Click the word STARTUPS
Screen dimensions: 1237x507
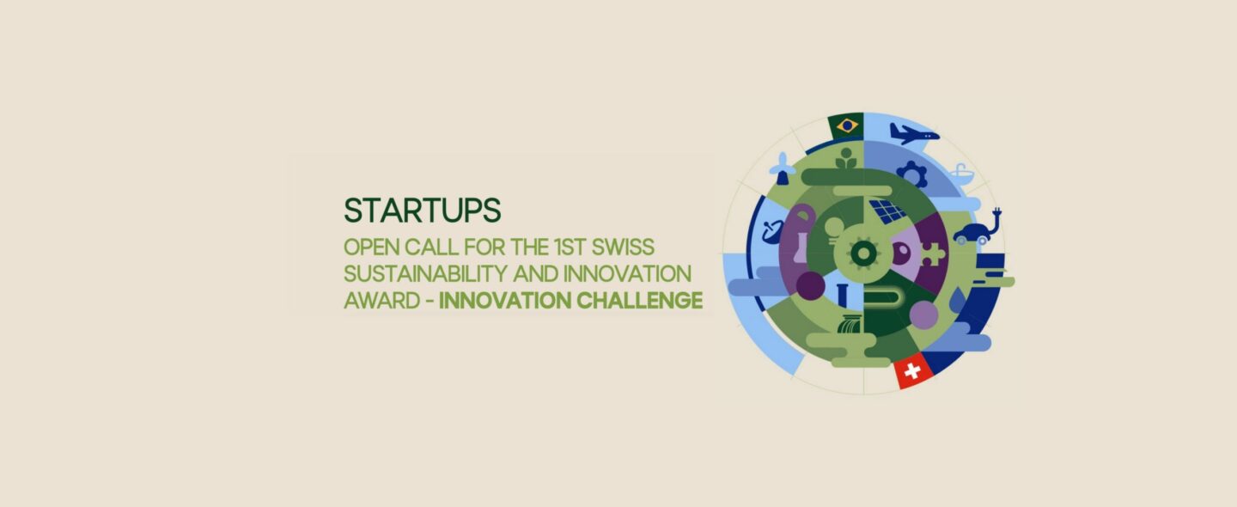pyautogui.click(x=423, y=210)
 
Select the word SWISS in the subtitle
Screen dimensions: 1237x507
pyautogui.click(x=622, y=247)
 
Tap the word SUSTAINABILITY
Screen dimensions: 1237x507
pyautogui.click(x=424, y=274)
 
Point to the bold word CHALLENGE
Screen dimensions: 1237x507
pyautogui.click(x=639, y=301)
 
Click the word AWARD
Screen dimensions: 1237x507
pyautogui.click(x=382, y=301)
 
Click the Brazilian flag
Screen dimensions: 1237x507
pyautogui.click(x=846, y=126)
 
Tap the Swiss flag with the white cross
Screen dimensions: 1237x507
pyautogui.click(x=913, y=370)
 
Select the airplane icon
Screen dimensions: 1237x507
pyautogui.click(x=914, y=134)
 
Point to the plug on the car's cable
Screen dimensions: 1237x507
pyautogui.click(x=997, y=212)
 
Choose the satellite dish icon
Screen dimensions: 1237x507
pyautogui.click(x=772, y=231)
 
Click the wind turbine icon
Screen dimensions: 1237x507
pyautogui.click(x=783, y=168)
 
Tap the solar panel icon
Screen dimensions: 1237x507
pyautogui.click(x=887, y=211)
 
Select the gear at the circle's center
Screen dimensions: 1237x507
pyautogui.click(x=863, y=253)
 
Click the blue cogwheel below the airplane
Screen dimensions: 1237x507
pyautogui.click(x=911, y=174)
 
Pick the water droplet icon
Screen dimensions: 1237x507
pyautogui.click(x=959, y=299)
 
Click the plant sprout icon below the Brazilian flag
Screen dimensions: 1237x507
pyautogui.click(x=846, y=159)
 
